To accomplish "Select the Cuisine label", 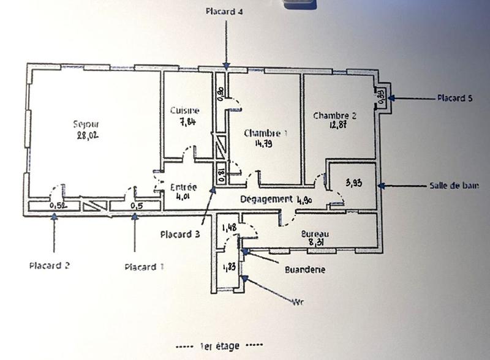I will (184, 110).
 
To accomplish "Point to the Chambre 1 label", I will (265, 133).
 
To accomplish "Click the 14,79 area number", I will (265, 144).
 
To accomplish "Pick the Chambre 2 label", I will (334, 115).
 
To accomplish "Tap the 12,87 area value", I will (335, 126).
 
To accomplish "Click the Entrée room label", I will (183, 187).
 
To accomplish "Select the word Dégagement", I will (266, 199).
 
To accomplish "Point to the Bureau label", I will (315, 234).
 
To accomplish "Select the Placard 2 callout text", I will (50, 266).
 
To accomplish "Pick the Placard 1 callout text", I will (144, 267).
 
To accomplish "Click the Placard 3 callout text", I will (180, 234).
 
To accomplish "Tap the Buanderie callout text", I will (305, 269).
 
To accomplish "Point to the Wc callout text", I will (298, 301).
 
